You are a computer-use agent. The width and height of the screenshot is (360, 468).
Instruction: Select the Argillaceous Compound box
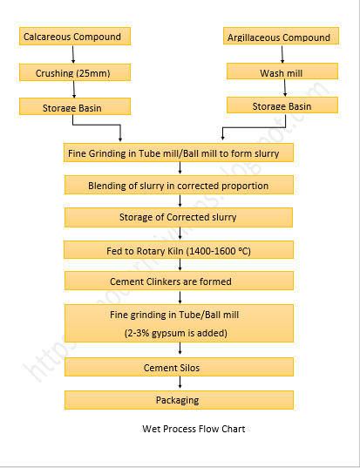(279, 37)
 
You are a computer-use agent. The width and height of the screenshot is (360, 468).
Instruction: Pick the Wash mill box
(279, 72)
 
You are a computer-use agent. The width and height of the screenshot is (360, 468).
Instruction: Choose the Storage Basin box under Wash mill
(281, 106)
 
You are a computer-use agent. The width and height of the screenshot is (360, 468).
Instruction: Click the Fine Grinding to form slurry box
(179, 153)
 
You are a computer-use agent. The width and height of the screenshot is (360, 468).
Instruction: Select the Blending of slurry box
(179, 186)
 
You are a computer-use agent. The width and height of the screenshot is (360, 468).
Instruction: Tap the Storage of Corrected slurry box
(179, 217)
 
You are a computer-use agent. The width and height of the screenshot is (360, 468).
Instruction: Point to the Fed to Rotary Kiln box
(179, 251)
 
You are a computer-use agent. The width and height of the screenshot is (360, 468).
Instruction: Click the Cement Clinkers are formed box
(179, 281)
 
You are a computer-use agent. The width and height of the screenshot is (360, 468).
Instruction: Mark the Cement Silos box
(179, 368)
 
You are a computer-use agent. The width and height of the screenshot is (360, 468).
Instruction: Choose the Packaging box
(179, 400)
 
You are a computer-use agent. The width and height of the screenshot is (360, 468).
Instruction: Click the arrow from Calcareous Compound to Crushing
(74, 54)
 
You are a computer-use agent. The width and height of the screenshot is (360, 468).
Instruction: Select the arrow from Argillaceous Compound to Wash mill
(279, 54)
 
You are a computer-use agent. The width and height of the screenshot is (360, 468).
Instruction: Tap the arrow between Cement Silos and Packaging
(179, 383)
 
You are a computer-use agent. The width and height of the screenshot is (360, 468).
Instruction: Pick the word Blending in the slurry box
(107, 186)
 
